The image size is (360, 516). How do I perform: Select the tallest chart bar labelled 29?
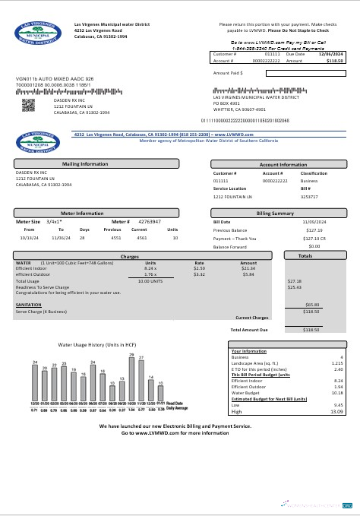tap(131, 378)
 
